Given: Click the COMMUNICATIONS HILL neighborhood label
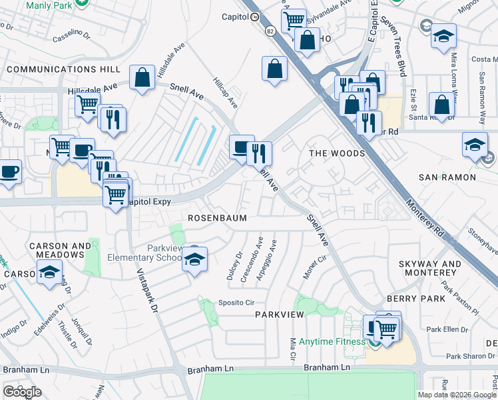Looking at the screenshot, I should (x=64, y=69).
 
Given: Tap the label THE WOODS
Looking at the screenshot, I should (x=338, y=153).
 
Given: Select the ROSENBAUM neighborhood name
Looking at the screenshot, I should (x=218, y=218).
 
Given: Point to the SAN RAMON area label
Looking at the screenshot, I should (x=447, y=177).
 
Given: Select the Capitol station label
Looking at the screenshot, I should (x=235, y=18).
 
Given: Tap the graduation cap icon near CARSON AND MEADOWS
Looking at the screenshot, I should (x=49, y=272).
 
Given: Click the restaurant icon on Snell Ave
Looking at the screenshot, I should (x=259, y=153).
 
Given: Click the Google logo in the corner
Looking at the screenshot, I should (x=22, y=392).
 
